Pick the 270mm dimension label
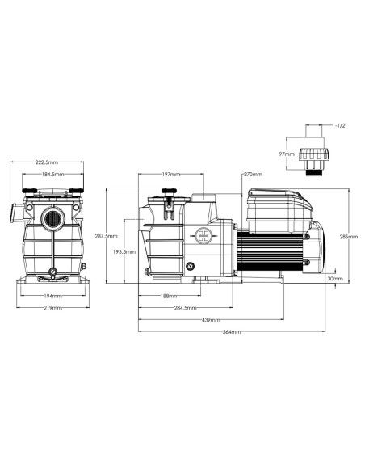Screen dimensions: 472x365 click(254, 174)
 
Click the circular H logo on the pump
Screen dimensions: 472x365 click(203, 236)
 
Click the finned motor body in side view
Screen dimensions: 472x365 click(275, 247)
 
